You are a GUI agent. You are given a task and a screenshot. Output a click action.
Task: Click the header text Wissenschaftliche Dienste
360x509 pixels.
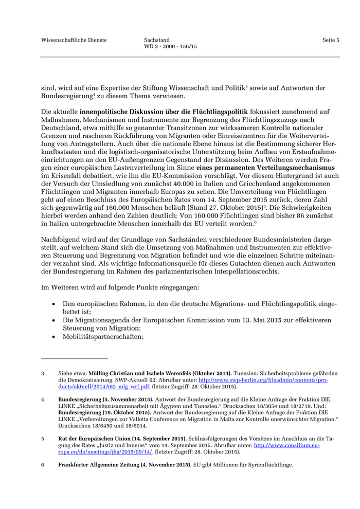[74, 40]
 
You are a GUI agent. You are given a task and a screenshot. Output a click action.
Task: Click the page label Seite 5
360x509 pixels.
[331, 40]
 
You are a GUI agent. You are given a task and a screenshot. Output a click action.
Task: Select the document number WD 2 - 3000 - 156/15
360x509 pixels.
[170, 46]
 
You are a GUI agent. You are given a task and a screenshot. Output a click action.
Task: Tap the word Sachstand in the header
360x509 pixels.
[157, 40]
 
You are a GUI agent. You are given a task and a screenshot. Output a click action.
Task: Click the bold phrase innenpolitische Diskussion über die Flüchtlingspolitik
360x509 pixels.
[164, 112]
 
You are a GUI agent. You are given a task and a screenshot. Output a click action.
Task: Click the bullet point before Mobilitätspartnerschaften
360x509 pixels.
[53, 337]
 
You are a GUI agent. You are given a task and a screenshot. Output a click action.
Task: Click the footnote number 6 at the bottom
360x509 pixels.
[43, 465]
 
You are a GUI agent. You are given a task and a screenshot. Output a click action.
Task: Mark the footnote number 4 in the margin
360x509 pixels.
[43, 399]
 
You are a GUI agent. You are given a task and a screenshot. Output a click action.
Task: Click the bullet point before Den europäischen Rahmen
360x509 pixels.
[53, 304]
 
